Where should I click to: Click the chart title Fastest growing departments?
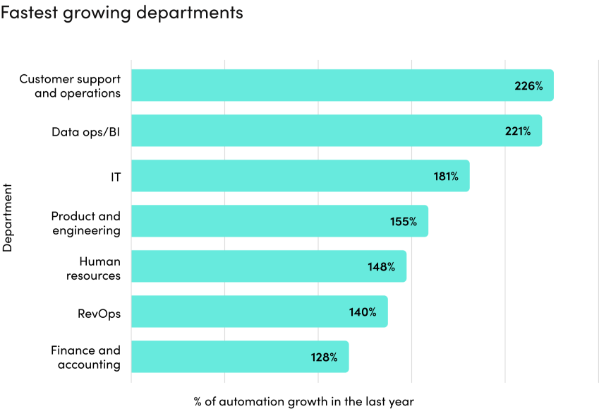(x=122, y=13)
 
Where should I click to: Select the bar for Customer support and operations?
(x=317, y=85)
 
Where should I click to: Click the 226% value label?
(x=528, y=86)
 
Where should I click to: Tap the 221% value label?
(x=517, y=131)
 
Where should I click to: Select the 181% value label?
(x=446, y=177)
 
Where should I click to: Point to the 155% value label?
(x=404, y=222)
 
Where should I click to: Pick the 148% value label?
(x=381, y=267)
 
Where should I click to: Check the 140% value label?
(x=363, y=312)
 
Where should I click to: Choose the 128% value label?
(x=325, y=357)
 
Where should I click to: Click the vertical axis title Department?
(x=8, y=218)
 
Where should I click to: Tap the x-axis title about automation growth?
(x=304, y=401)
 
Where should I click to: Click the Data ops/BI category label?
(x=86, y=131)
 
